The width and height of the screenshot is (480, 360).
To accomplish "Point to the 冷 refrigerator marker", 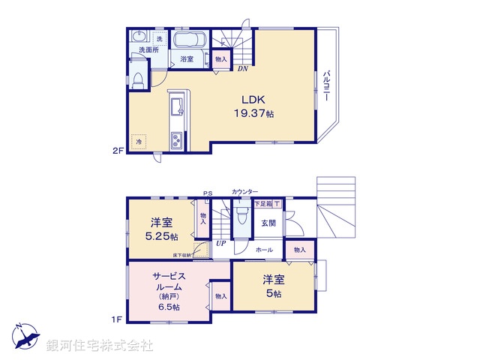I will pyautogui.click(x=139, y=141).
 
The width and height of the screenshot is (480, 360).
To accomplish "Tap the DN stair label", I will pyautogui.click(x=242, y=69).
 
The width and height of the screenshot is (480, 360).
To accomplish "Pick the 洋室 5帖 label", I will pyautogui.click(x=273, y=286).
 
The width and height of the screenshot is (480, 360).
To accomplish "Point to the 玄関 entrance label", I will pyautogui.click(x=268, y=223).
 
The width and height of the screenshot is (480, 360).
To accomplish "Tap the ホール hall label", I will pyautogui.click(x=264, y=250).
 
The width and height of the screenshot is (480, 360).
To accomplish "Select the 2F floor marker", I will pyautogui.click(x=118, y=150).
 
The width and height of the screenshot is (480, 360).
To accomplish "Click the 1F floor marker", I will pyautogui.click(x=117, y=319).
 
